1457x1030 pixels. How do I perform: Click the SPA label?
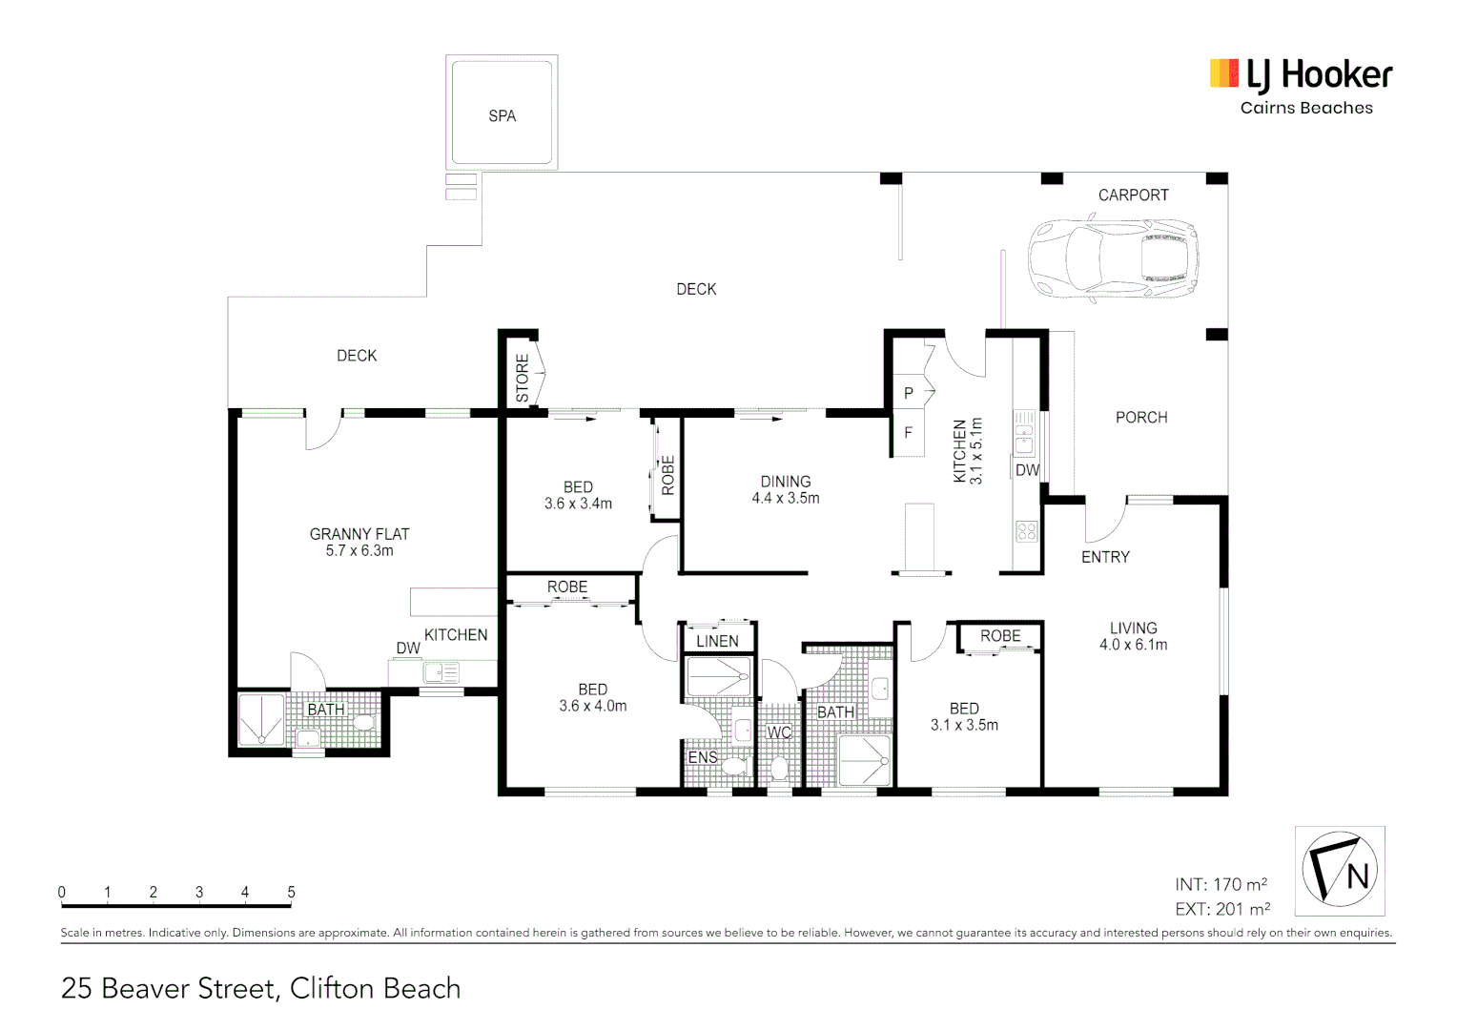coord(502,116)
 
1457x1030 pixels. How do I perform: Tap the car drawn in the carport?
coord(1112,259)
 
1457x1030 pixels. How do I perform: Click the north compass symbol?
coord(1339,870)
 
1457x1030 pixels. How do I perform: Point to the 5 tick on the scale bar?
coord(291,893)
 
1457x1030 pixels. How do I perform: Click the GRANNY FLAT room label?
coord(359,534)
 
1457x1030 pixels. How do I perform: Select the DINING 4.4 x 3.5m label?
coord(785,489)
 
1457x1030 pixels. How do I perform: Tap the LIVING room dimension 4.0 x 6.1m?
coord(1133,645)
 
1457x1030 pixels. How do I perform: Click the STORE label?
coord(523,378)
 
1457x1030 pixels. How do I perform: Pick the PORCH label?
coord(1141,418)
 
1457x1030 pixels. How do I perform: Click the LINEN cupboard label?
coord(717,642)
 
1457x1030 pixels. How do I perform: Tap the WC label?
coord(779,732)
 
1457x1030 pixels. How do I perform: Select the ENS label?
coord(703,757)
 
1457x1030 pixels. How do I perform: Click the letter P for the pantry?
coord(908,393)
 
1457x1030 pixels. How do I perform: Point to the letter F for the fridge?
coord(908,433)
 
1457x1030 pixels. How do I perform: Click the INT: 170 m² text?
coord(1221,884)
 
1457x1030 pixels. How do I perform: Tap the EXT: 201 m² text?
coord(1221,909)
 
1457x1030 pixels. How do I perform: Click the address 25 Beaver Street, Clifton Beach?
coord(260,989)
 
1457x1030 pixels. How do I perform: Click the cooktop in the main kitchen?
coord(1026,531)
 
